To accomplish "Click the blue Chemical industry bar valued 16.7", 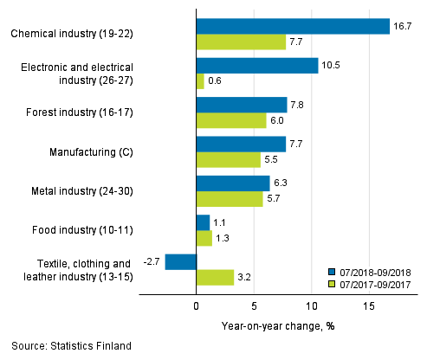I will (x=293, y=26).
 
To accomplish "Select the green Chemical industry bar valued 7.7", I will (x=241, y=42).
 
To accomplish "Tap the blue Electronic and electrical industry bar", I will (x=257, y=66).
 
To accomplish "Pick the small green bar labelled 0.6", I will (x=200, y=81).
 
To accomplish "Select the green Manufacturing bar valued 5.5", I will (x=229, y=159).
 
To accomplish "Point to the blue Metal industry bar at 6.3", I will (x=233, y=183).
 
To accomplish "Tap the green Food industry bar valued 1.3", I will (x=204, y=238).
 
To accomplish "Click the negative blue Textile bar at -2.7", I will (x=181, y=261).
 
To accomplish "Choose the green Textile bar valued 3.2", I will (x=215, y=277).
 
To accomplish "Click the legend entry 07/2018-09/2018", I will (x=374, y=270).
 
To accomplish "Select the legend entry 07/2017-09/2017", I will (x=374, y=283).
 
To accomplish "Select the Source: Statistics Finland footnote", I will (x=72, y=346).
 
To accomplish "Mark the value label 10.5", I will (x=333, y=66).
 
